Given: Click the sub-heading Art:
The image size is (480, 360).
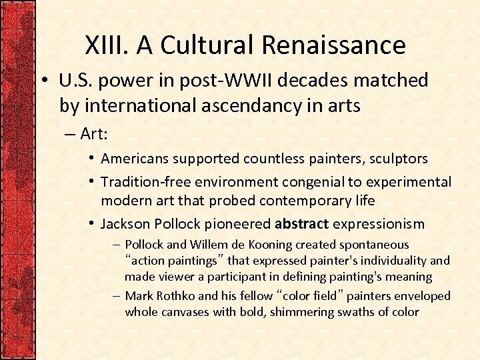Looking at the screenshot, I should point(94,134).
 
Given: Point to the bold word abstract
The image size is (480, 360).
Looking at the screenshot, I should point(302,223).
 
